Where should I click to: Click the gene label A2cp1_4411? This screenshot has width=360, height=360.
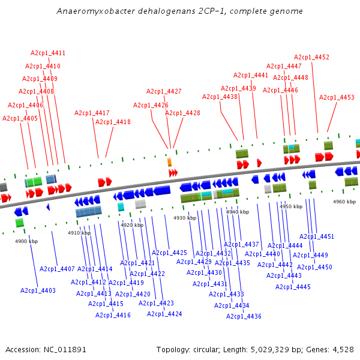coord(48,53)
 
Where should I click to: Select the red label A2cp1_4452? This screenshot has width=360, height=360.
coord(311,57)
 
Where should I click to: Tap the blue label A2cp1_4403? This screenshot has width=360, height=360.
coord(38,290)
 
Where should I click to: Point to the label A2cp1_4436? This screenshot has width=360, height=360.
coord(244,316)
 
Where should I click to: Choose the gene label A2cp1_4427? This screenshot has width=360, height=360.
coord(164,91)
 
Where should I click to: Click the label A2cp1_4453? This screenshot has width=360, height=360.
coord(337,97)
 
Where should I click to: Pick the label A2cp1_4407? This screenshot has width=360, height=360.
coord(57,269)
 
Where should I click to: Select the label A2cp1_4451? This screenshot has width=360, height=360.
coord(317,236)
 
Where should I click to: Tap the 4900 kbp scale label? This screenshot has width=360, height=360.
coord(26,241)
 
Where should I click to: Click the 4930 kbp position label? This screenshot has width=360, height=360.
coord(185,218)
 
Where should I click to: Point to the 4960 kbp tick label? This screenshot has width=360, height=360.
coord(344,202)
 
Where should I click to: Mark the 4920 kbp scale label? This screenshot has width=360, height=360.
coord(132,225)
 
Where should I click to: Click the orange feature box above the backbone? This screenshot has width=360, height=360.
coord(169,162)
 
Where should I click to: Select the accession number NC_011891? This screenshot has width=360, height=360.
coord(65,350)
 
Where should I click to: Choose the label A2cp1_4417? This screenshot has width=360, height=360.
coord(92,113)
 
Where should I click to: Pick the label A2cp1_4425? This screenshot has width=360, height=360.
coord(169,253)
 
